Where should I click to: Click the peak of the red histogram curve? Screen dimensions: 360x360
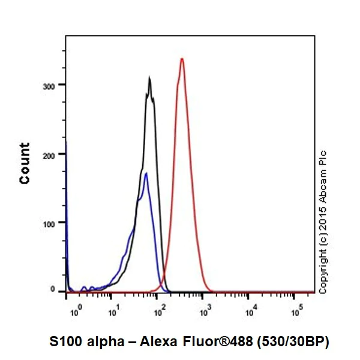click(182, 59)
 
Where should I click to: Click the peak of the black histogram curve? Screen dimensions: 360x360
click(149, 78)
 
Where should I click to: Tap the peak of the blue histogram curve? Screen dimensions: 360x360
click(146, 174)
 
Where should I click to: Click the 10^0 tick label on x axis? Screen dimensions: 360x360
click(74, 311)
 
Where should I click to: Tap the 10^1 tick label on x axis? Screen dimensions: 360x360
click(113, 311)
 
